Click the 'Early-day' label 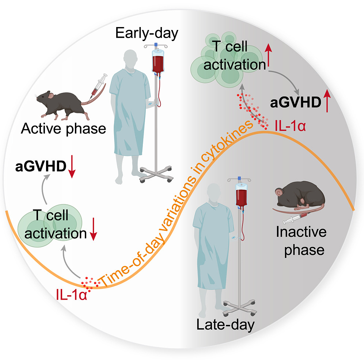[147, 34]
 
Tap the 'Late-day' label [225, 325]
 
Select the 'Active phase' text [64, 128]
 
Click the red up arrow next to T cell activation [269, 55]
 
